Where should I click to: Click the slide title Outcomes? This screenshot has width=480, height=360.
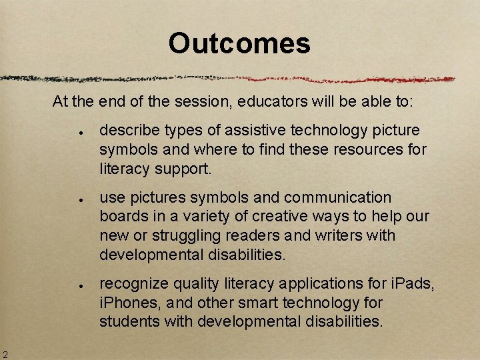pyautogui.click(x=239, y=44)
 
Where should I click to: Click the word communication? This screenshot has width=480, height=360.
pyautogui.click(x=338, y=198)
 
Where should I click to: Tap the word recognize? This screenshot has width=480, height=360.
pyautogui.click(x=134, y=284)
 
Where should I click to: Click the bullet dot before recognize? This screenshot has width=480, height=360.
pyautogui.click(x=79, y=285)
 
